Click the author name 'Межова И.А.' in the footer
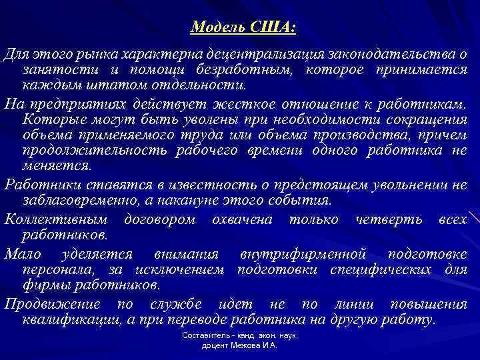coord(254,347)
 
